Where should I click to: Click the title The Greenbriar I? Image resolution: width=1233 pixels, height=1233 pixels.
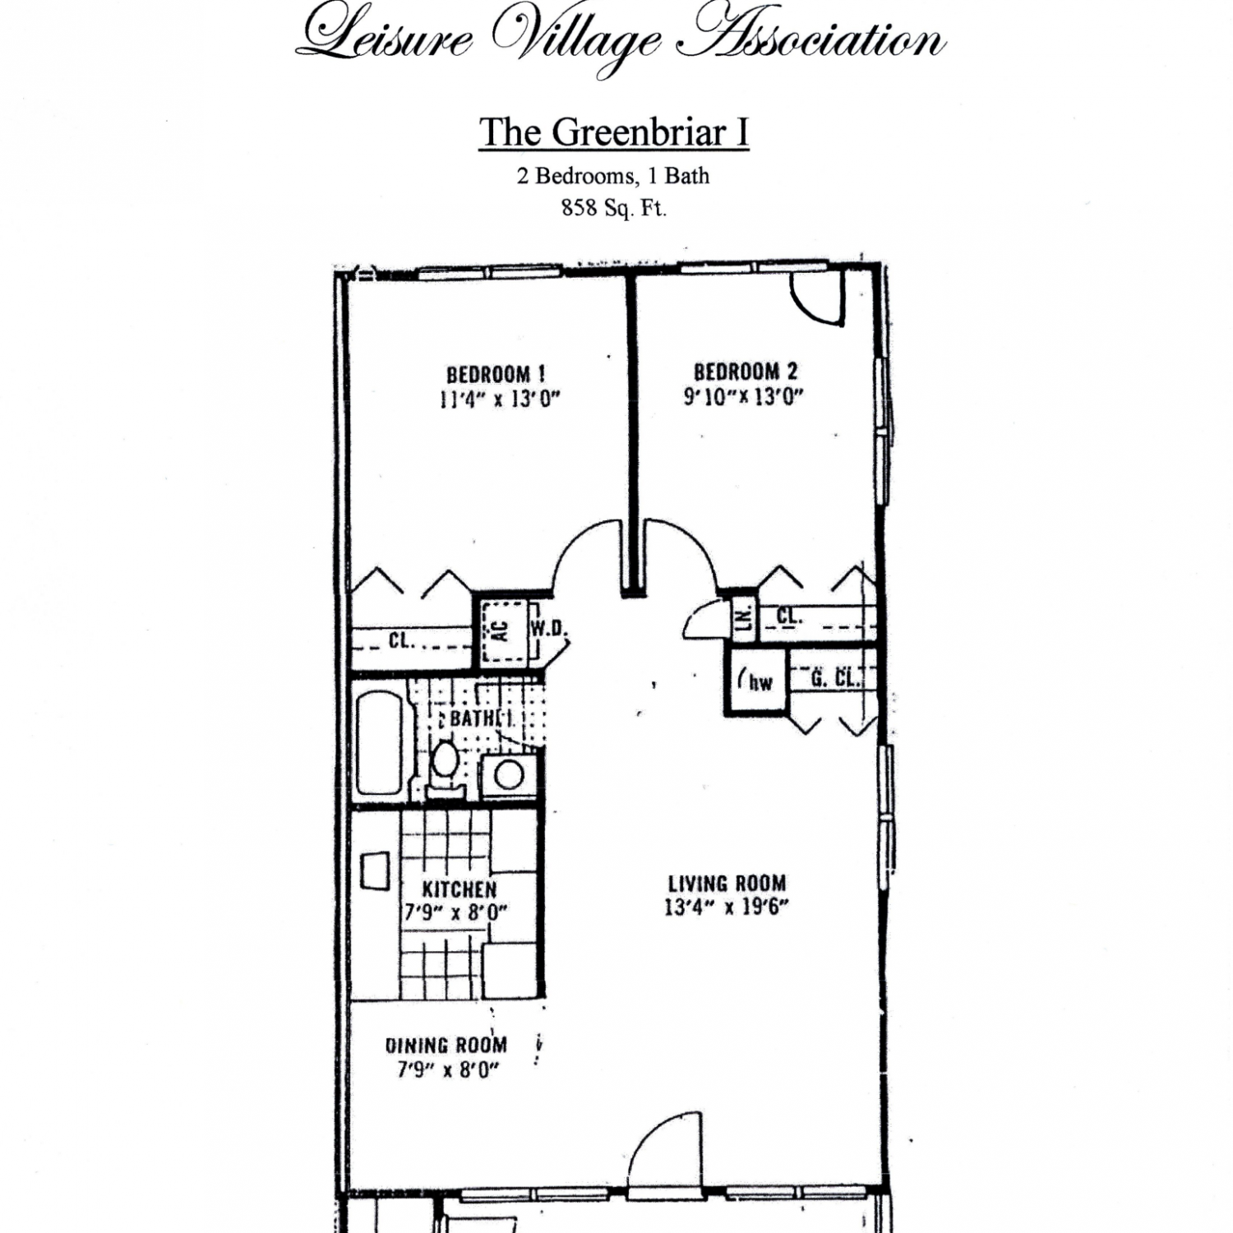click(613, 132)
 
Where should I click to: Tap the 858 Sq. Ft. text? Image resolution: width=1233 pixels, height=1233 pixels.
click(613, 208)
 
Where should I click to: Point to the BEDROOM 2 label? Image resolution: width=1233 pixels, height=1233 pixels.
click(745, 372)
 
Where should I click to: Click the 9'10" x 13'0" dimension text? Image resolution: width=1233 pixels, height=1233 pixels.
click(743, 396)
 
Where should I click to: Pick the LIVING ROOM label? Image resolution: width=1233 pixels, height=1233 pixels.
click(727, 884)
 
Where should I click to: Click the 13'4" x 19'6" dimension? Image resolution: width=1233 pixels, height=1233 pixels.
click(727, 907)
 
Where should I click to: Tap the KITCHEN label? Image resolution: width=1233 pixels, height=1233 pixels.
click(459, 889)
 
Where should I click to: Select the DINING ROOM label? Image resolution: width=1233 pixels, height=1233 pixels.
click(446, 1046)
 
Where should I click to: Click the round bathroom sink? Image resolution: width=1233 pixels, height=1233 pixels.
click(510, 774)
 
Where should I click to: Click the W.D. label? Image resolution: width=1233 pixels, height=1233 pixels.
click(547, 629)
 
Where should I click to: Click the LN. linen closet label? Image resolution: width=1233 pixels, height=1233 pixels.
click(744, 619)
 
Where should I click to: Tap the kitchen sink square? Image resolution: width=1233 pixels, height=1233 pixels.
click(376, 870)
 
